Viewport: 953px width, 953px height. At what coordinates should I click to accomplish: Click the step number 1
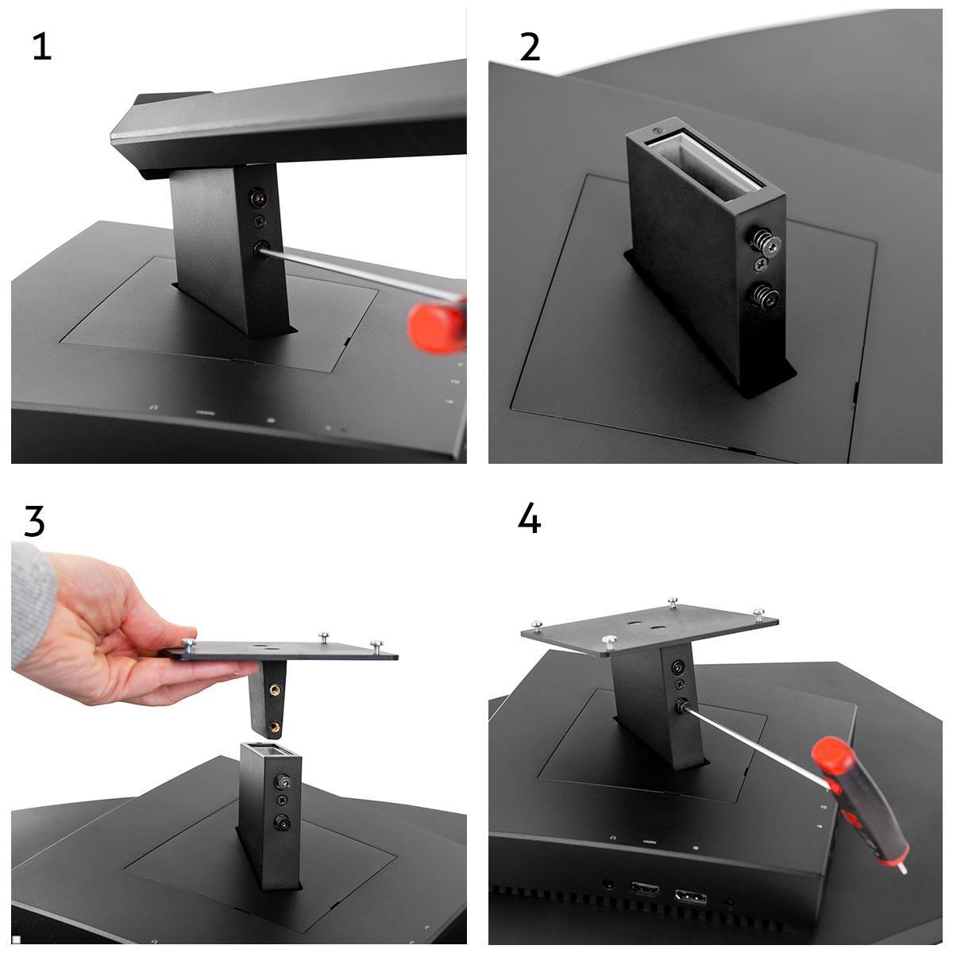pos(42,48)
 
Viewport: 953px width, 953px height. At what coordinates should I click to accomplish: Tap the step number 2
pos(531,48)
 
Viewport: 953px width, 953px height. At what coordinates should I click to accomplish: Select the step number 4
pos(529,519)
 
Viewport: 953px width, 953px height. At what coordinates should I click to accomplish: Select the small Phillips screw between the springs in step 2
pos(761,267)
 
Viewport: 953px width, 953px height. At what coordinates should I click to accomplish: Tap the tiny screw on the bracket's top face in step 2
pos(658,130)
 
